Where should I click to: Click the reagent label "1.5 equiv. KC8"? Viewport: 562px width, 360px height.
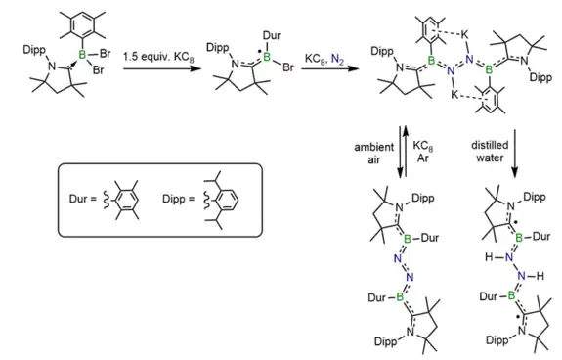158,57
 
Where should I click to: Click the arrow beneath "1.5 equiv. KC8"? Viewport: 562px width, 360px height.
161,67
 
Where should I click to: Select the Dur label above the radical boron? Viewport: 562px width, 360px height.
272,35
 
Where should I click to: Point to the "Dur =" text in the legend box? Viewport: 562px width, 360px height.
83,199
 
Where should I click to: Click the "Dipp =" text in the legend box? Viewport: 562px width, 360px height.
178,199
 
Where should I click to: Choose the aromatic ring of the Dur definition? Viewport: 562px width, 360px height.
126,200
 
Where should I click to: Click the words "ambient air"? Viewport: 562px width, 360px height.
373,154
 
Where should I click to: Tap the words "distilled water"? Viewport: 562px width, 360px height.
490,152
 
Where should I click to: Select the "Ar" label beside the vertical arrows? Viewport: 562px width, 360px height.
423,158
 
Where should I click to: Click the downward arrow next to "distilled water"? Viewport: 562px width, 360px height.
515,154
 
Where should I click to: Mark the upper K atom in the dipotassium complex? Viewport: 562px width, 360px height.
465,35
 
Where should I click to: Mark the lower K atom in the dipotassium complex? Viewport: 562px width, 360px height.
454,95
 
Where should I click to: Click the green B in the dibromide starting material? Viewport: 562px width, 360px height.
82,55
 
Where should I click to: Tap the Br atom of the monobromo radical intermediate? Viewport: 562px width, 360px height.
287,67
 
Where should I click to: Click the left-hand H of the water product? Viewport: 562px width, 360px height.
489,257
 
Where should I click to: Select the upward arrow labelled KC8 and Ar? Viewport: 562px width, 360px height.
406,151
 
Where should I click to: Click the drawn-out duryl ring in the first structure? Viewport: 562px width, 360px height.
83,25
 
